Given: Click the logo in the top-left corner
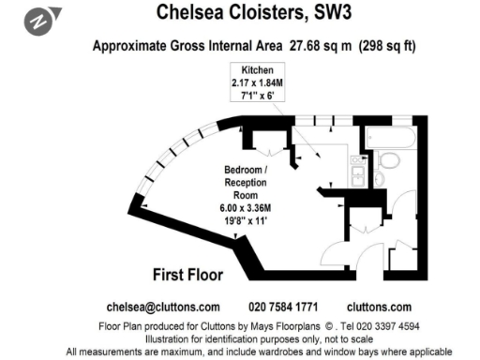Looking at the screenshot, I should click(43, 18).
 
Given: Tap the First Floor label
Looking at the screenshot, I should click(187, 275).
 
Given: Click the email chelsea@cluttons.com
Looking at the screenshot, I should click(163, 307).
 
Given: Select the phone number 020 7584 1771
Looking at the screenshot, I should click(283, 307).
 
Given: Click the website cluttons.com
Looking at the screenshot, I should click(379, 307).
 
